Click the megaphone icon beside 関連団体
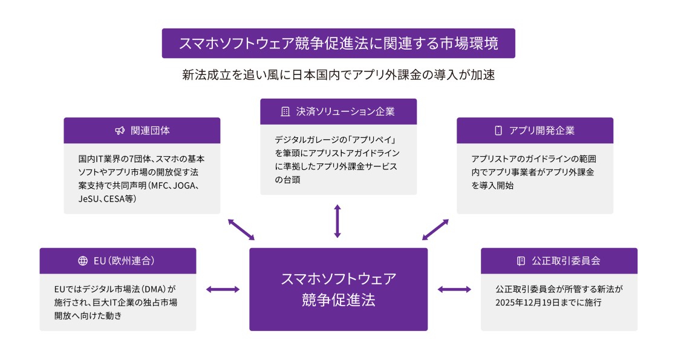(120, 131)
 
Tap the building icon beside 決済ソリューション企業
(285, 111)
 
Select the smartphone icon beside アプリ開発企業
(498, 131)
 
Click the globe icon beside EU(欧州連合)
(83, 261)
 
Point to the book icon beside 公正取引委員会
(521, 261)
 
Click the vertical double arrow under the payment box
(337, 221)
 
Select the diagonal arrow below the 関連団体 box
(241, 229)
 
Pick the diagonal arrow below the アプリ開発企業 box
(435, 229)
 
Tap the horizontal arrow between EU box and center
(223, 289)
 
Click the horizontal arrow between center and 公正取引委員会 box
(454, 289)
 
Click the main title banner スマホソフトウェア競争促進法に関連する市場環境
(338, 43)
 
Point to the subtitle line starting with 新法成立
(338, 75)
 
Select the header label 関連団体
(150, 131)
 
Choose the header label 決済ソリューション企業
(345, 111)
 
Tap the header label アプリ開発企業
(541, 131)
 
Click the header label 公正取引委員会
(566, 261)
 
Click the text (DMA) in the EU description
(153, 289)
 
